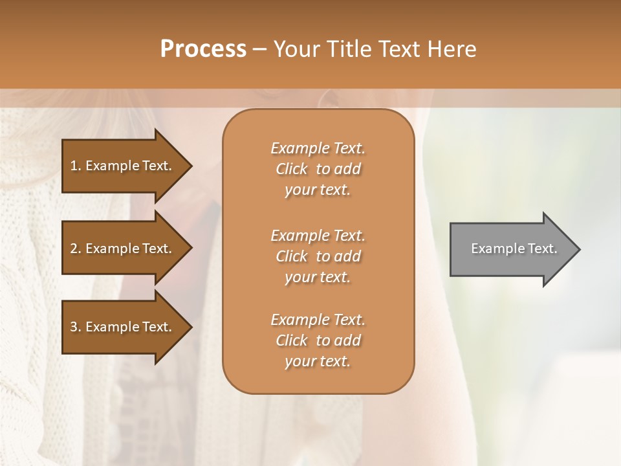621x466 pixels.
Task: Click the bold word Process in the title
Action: point(203,49)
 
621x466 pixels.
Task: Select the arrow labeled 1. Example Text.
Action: point(123,166)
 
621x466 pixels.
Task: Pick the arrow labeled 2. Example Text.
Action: point(123,249)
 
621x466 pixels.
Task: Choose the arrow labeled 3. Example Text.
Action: point(123,327)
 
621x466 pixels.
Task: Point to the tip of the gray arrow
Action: point(578,249)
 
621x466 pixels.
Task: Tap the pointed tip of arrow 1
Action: point(190,166)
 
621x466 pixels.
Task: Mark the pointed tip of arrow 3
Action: point(190,327)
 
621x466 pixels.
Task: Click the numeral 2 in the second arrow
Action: point(73,249)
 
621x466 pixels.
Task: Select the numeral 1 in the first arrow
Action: point(73,166)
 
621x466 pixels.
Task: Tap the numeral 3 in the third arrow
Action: point(73,327)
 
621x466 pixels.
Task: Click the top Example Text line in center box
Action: point(318,148)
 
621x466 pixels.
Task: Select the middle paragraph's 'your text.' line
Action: point(318,277)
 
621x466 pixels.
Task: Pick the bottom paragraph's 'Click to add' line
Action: point(318,340)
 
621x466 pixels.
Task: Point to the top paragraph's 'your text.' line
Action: point(318,190)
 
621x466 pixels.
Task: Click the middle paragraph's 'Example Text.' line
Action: point(318,236)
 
